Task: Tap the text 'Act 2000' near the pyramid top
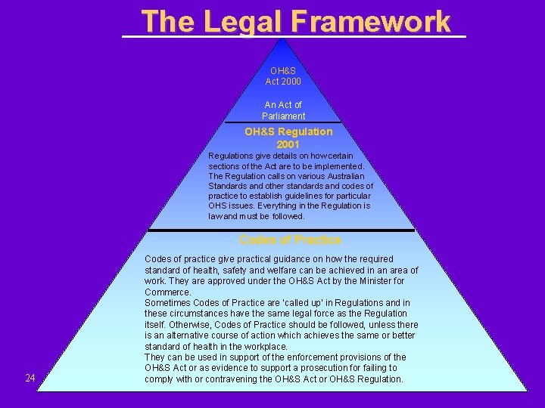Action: [283, 82]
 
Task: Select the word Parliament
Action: [284, 116]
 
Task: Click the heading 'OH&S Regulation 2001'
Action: [288, 138]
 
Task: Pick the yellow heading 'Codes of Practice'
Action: [290, 240]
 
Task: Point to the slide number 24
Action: [30, 378]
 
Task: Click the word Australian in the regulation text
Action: [344, 176]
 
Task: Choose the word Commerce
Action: [167, 292]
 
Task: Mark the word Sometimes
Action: [168, 302]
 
